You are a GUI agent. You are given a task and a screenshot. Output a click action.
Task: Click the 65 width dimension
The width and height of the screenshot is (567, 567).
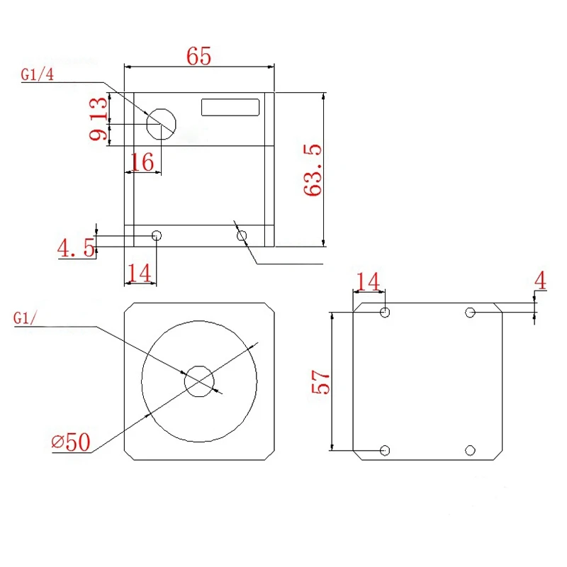coord(199,56)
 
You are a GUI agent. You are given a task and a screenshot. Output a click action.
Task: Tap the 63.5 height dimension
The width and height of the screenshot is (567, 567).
coord(313,170)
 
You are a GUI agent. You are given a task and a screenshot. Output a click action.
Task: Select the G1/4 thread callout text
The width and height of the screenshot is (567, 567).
coord(38,74)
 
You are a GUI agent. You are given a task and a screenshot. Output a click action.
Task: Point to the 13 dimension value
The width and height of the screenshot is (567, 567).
coord(100,108)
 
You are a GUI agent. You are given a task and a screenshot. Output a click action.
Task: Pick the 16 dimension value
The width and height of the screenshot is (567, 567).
coord(142,162)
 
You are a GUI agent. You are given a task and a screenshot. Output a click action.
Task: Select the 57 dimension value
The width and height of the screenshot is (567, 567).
coord(320,383)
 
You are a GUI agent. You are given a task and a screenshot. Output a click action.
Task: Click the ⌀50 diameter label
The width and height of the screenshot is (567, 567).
coord(71,442)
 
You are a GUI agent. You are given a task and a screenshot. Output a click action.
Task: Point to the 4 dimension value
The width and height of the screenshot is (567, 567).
coord(541,281)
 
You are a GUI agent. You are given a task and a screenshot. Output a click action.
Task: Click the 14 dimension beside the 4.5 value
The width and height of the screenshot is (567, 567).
coord(140,271)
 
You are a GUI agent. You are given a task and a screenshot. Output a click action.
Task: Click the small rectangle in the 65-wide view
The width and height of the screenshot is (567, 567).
coord(231,107)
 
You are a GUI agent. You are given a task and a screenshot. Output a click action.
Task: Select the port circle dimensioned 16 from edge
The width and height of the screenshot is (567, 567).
coord(161,123)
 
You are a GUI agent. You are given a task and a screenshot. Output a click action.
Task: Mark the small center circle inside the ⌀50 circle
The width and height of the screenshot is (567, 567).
coord(199,381)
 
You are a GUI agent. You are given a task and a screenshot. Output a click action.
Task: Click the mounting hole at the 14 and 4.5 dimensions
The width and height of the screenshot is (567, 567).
coord(157,235)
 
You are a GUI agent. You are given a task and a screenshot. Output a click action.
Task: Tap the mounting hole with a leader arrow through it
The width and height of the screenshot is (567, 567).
coord(242,235)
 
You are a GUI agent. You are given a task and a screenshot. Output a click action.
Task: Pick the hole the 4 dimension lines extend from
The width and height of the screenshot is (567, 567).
coord(470,313)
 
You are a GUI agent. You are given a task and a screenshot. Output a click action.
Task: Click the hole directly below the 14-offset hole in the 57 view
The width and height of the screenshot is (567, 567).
coord(385,450)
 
